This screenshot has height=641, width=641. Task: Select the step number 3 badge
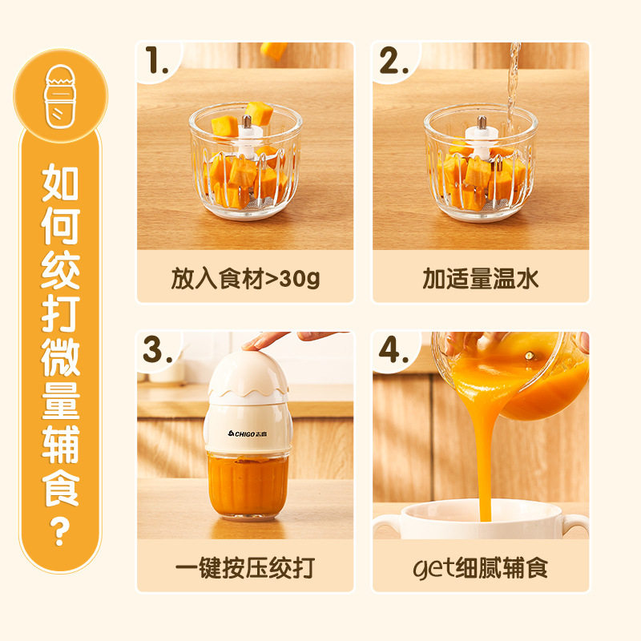(158, 351)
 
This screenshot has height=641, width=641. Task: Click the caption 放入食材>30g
(245, 278)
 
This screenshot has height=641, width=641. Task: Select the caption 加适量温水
(481, 278)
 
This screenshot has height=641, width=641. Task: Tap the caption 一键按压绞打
(245, 568)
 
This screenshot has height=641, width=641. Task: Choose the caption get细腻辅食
(481, 568)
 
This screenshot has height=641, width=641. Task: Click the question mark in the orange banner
(61, 532)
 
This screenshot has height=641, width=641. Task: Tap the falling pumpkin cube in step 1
(275, 50)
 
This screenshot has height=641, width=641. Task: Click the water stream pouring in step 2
(510, 80)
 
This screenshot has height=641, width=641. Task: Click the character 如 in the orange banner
(61, 186)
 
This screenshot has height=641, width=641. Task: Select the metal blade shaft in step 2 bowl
(483, 127)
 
